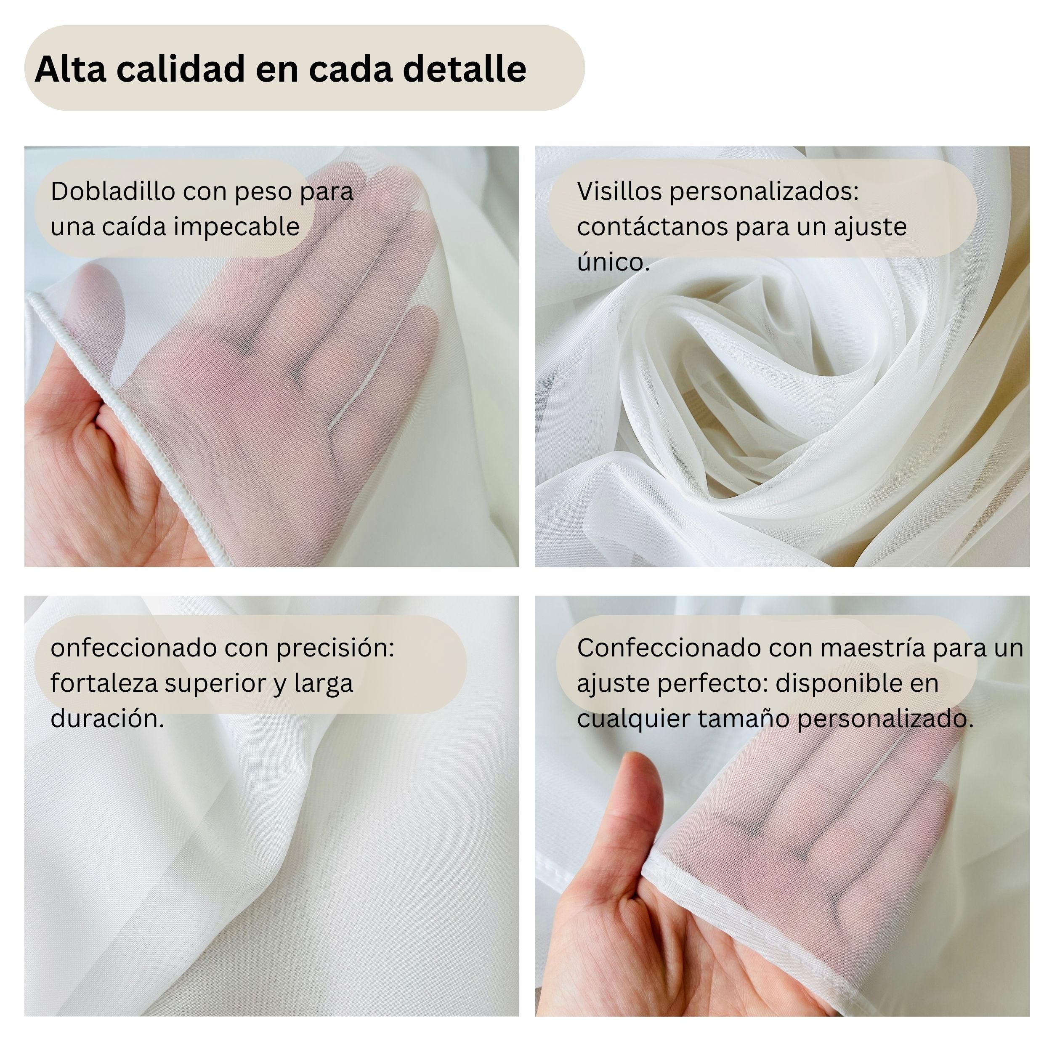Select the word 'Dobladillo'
pyautogui.click(x=113, y=191)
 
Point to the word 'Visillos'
pyautogui.click(x=619, y=191)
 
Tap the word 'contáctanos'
pyautogui.click(x=651, y=226)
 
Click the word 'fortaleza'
pyautogui.click(x=104, y=683)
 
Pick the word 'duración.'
pyautogui.click(x=107, y=719)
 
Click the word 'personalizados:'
pyautogui.click(x=764, y=191)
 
